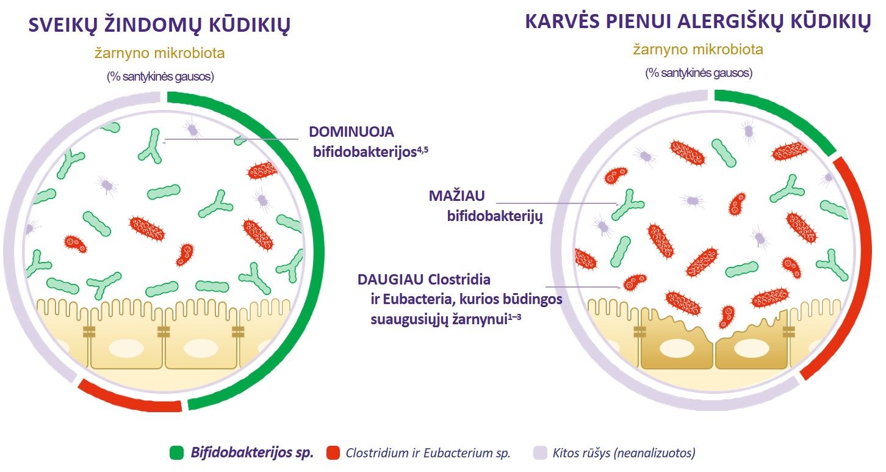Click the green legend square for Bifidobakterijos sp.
pyautogui.click(x=176, y=453)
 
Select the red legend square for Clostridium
pyautogui.click(x=333, y=453)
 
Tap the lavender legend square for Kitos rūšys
pyautogui.click(x=540, y=453)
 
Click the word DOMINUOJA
pyautogui.click(x=351, y=132)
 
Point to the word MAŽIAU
pyautogui.click(x=457, y=196)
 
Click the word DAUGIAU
pyautogui.click(x=391, y=280)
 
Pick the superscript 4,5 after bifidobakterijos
pyautogui.click(x=423, y=149)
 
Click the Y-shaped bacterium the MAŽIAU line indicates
pyautogui.click(x=627, y=205)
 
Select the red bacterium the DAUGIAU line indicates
pyautogui.click(x=635, y=282)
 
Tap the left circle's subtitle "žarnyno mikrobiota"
pyautogui.click(x=160, y=53)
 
